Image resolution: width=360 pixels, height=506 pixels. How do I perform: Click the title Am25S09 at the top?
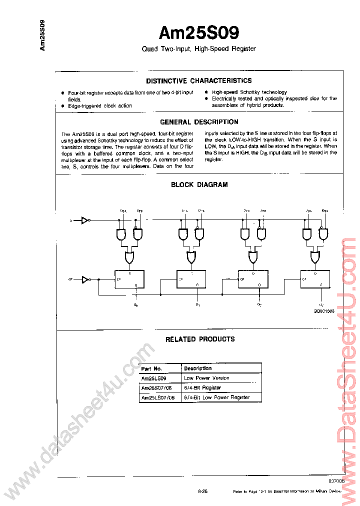click(198, 33)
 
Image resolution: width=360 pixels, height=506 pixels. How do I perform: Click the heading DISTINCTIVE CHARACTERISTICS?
click(198, 80)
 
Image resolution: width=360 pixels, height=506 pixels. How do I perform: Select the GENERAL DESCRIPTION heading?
click(199, 122)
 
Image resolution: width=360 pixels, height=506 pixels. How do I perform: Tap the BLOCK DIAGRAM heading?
click(199, 184)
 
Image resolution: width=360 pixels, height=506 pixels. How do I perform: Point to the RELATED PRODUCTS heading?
click(200, 339)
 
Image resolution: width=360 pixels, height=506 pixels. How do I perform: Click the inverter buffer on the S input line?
click(85, 219)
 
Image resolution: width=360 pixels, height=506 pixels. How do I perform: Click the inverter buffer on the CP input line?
click(85, 279)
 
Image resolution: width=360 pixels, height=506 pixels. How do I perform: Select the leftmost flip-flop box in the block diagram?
click(129, 279)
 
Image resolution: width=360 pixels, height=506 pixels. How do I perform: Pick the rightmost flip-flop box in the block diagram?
click(315, 279)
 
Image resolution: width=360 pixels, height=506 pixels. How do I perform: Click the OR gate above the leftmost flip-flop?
click(129, 257)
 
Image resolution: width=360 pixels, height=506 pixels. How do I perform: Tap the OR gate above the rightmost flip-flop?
click(315, 257)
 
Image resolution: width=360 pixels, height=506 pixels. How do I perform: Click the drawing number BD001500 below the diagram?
click(324, 310)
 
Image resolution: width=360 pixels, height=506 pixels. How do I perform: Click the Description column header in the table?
click(198, 368)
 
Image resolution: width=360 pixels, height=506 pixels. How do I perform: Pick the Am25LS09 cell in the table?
click(153, 378)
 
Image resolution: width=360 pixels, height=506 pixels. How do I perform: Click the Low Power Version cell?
click(206, 378)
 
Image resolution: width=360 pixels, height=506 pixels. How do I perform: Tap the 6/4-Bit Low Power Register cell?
click(216, 397)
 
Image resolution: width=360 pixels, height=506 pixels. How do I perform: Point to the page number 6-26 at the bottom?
click(202, 491)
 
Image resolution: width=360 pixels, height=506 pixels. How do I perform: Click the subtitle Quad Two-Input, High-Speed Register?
click(198, 49)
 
